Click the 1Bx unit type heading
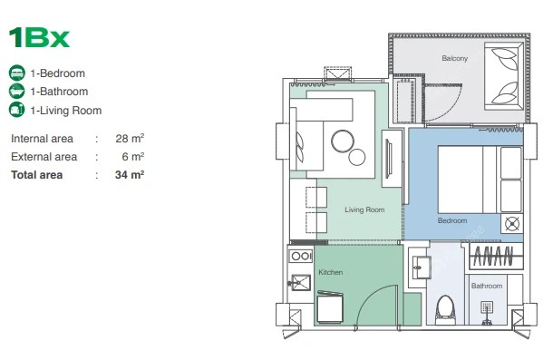pyautogui.click(x=39, y=37)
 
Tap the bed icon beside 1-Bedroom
pyautogui.click(x=16, y=73)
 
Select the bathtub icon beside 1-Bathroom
pyautogui.click(x=16, y=91)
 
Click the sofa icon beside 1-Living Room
pyautogui.click(x=16, y=110)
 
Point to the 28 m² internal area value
pyautogui.click(x=130, y=138)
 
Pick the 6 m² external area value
pyautogui.click(x=133, y=156)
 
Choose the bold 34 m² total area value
pyautogui.click(x=130, y=174)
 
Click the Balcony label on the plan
pyautogui.click(x=454, y=58)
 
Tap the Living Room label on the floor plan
pyautogui.click(x=364, y=209)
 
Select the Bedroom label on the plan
pyautogui.click(x=452, y=220)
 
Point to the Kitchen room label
pyautogui.click(x=331, y=272)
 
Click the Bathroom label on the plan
pyautogui.click(x=487, y=286)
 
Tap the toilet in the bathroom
pyautogui.click(x=445, y=309)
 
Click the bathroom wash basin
pyautogui.click(x=422, y=268)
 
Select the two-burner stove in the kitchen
pyautogui.click(x=301, y=256)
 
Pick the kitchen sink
pyautogui.click(x=300, y=282)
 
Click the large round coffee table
pyautogui.click(x=343, y=141)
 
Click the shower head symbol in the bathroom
pyautogui.click(x=487, y=307)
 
